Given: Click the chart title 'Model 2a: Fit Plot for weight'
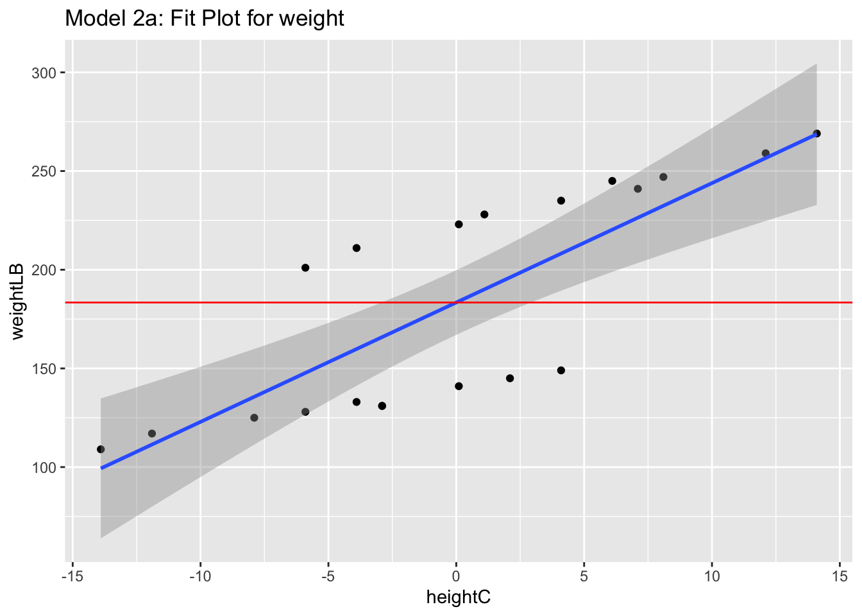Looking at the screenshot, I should click(x=205, y=19).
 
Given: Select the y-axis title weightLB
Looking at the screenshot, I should click(x=17, y=301).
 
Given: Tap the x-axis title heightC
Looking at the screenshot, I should click(x=458, y=597).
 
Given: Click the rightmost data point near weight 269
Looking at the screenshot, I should click(x=816, y=133).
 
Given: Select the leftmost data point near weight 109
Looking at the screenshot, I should click(x=101, y=449).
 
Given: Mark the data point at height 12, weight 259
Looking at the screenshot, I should click(x=765, y=153).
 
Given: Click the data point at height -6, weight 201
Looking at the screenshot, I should click(x=305, y=268).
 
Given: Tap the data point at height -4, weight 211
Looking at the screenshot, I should click(x=357, y=248).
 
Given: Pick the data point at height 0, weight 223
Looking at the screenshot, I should click(x=459, y=224).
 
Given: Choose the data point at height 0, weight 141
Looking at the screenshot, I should click(x=459, y=386).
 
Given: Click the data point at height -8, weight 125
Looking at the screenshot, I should click(x=254, y=418).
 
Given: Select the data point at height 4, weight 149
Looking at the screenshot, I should click(x=561, y=370).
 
